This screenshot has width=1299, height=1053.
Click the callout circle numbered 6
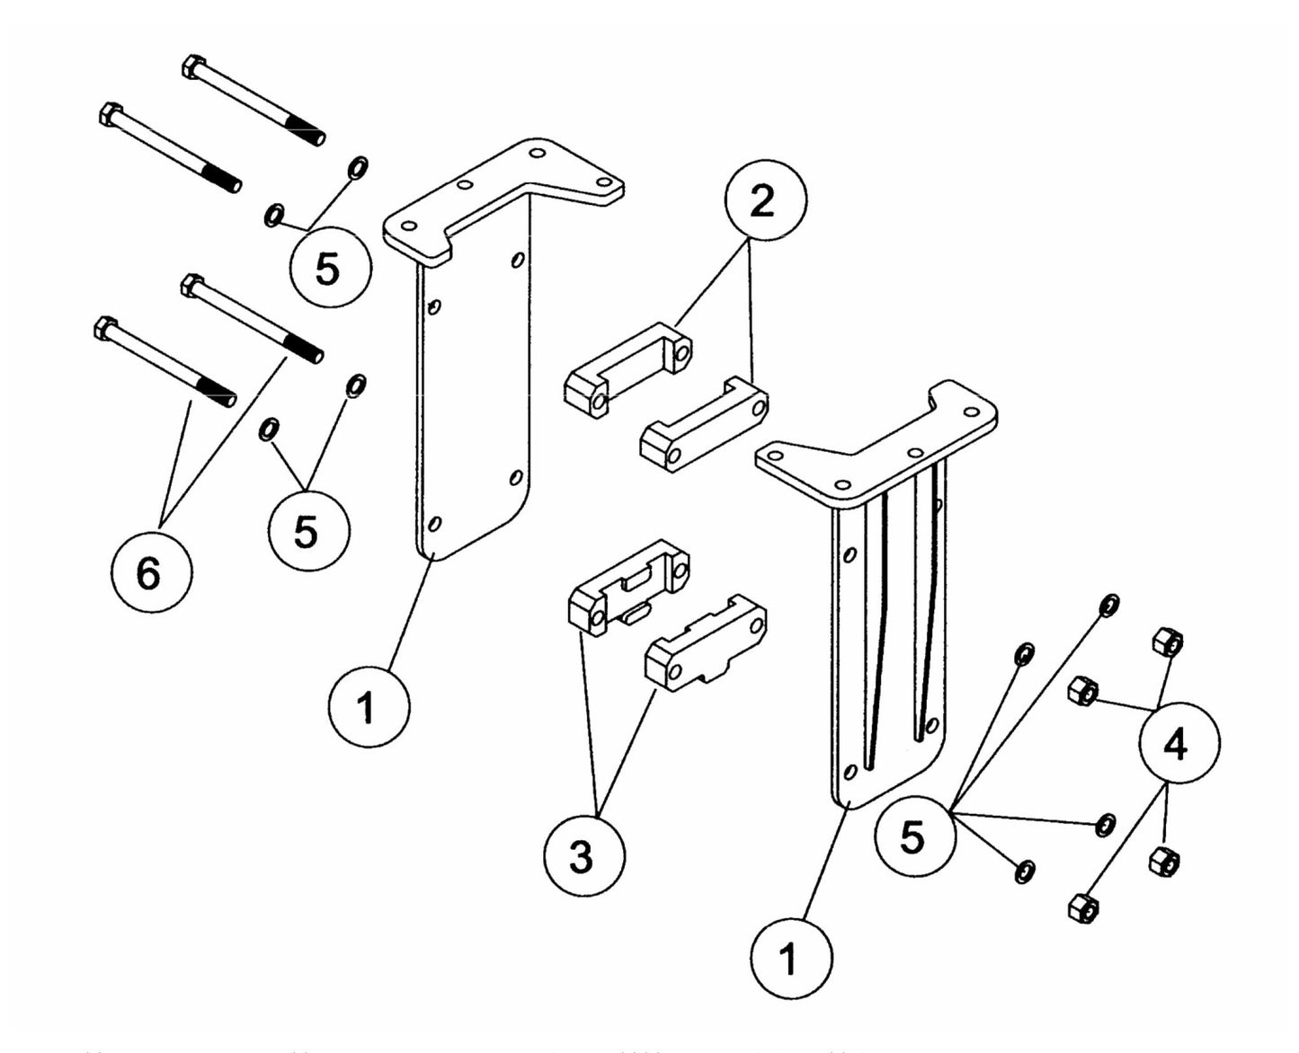click(x=151, y=573)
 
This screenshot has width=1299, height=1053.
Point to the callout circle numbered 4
click(x=1179, y=744)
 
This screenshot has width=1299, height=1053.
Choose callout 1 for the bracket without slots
click(x=369, y=708)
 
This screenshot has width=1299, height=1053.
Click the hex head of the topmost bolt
click(x=194, y=66)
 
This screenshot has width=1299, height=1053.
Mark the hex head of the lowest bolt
click(x=106, y=328)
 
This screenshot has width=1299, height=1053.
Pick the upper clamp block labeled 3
click(x=629, y=588)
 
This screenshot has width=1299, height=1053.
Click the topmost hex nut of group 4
click(x=1166, y=642)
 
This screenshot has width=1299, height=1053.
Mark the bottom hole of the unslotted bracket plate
click(x=435, y=523)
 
